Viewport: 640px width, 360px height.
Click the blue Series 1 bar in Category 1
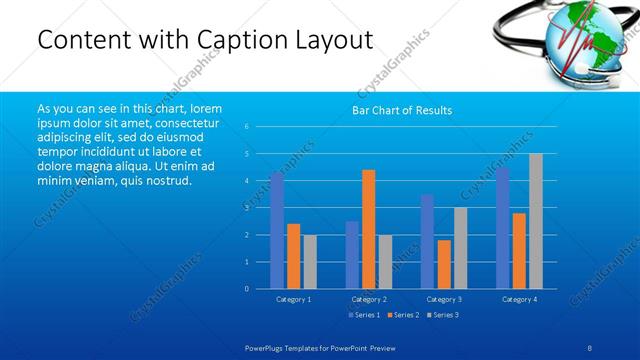click(x=277, y=230)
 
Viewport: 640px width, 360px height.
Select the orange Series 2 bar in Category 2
click(x=368, y=229)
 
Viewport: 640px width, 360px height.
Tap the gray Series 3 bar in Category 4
click(x=536, y=221)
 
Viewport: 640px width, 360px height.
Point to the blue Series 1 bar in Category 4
click(x=502, y=228)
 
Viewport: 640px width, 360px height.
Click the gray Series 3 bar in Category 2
click(x=385, y=262)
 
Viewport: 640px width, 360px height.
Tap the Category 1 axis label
click(x=293, y=299)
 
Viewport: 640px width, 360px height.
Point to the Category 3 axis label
click(x=444, y=299)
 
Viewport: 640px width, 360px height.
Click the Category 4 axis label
click(x=519, y=299)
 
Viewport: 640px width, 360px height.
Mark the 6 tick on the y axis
click(x=247, y=127)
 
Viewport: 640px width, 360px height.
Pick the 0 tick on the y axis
click(x=247, y=289)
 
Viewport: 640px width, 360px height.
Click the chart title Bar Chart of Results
click(x=401, y=110)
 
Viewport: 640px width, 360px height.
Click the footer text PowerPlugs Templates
click(x=285, y=346)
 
